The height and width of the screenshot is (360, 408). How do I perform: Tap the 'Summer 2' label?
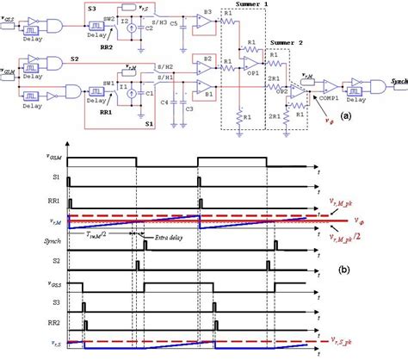pos(287,41)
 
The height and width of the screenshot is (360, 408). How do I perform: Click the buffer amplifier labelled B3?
pos(206,18)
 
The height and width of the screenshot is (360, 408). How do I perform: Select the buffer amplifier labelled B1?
pos(205,87)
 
